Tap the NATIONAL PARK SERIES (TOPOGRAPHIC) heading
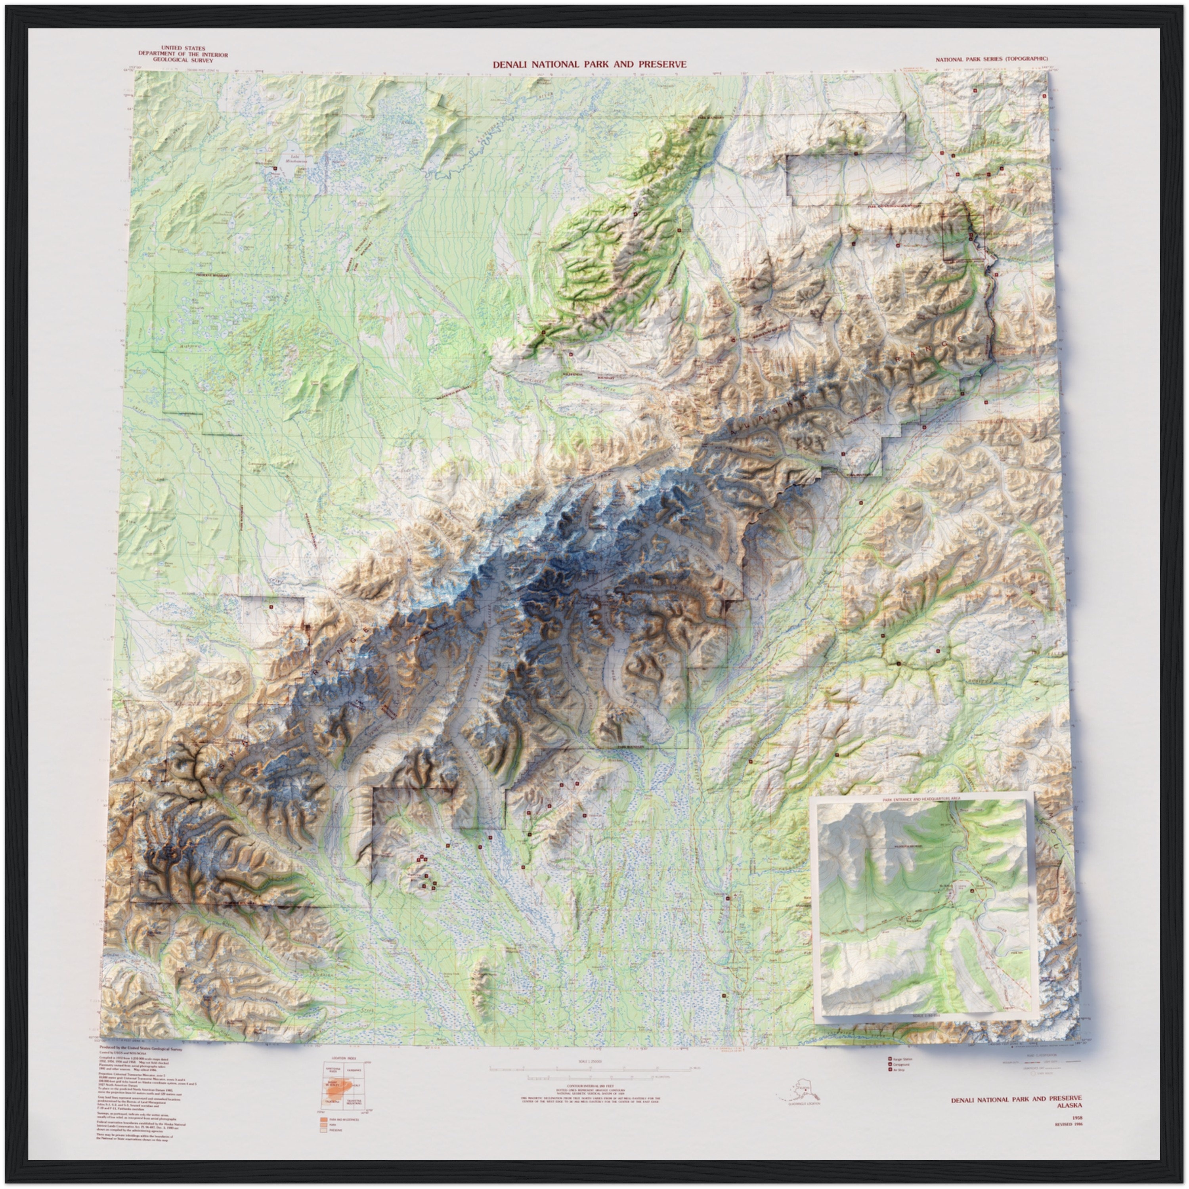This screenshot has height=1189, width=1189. [992, 59]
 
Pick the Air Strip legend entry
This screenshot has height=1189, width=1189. [898, 1070]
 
